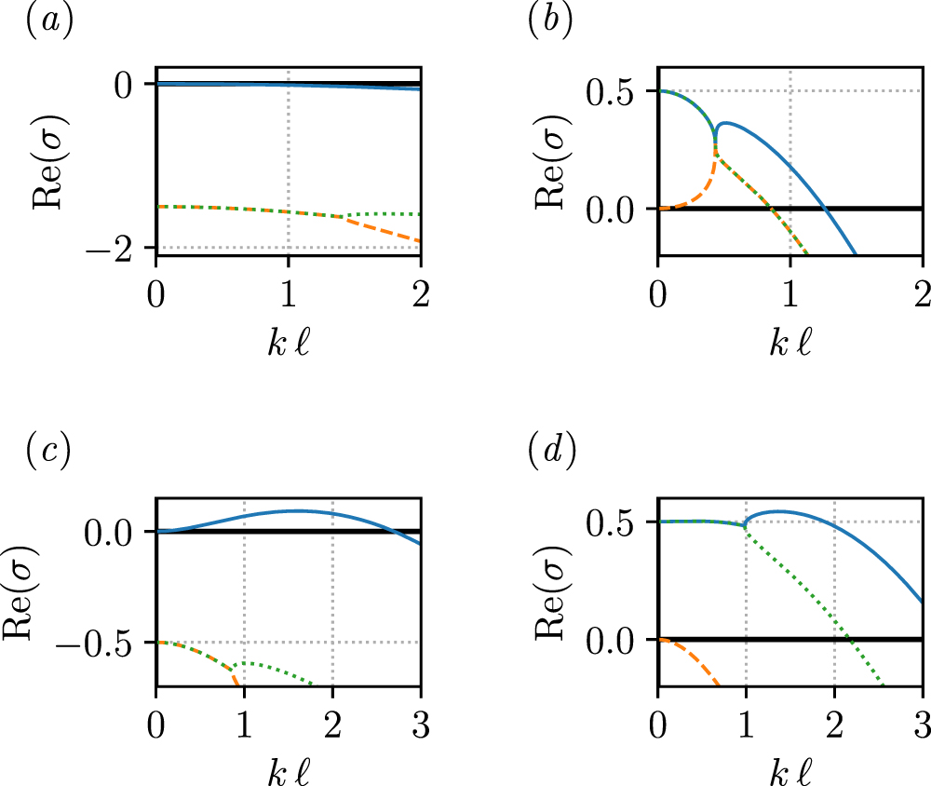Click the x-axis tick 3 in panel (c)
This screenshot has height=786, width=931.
421,717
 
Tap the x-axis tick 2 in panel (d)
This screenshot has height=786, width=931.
834,717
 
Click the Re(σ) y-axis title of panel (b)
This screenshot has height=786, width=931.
551,162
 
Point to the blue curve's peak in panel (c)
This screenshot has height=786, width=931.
297,510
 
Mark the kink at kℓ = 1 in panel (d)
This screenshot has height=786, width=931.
746,526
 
